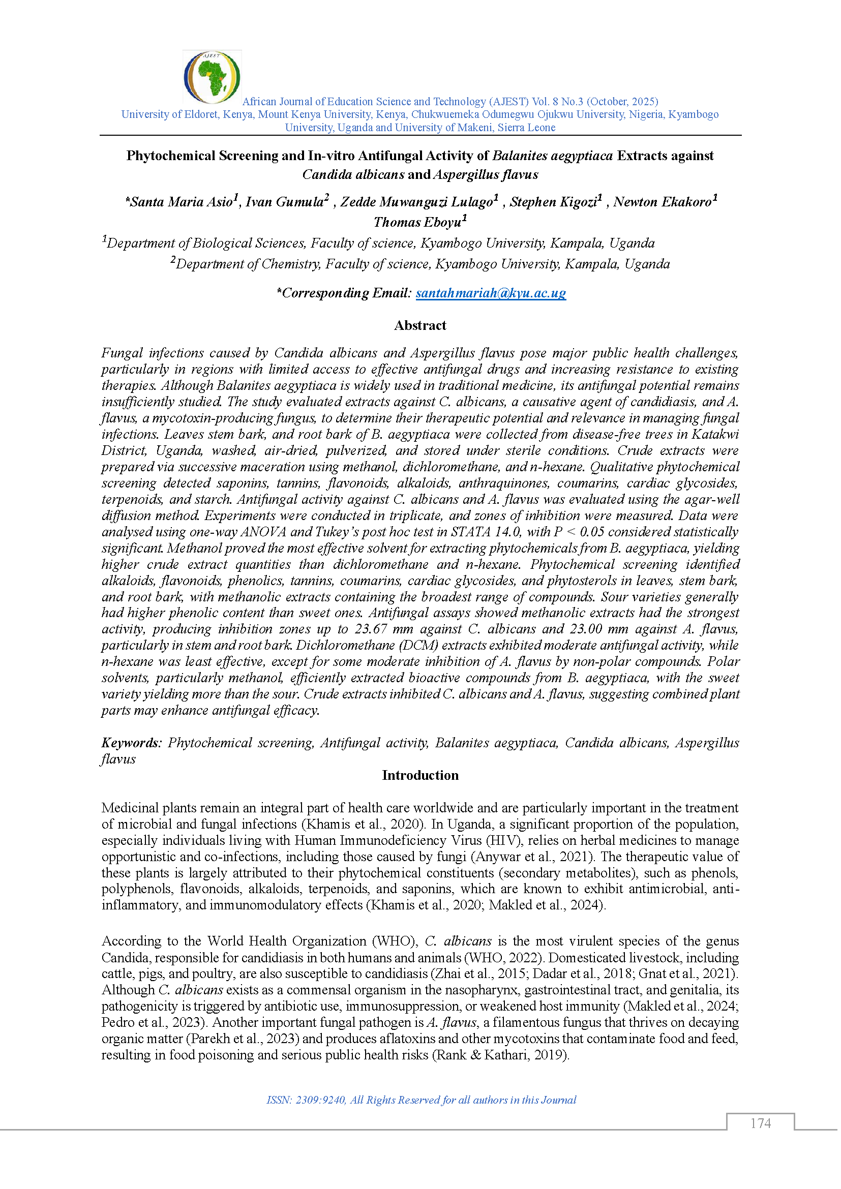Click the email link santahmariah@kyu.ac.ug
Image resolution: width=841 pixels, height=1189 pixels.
point(490,294)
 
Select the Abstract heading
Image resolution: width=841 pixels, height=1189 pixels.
point(420,326)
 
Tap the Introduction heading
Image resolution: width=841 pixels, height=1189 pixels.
point(420,775)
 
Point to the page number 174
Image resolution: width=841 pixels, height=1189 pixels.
point(760,1123)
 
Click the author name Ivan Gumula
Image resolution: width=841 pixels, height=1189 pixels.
point(284,202)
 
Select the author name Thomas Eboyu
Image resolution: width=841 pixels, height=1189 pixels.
point(417,223)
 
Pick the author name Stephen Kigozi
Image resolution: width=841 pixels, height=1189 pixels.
point(553,202)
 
